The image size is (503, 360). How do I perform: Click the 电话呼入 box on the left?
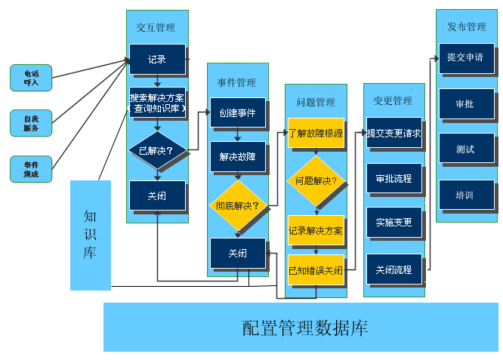31,78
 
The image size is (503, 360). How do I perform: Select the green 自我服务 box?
31,123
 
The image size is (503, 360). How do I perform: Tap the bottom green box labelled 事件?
31,169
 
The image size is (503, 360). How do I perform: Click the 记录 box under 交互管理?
157,60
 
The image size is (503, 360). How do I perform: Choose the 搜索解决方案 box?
157,103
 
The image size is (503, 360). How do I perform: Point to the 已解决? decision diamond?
157,150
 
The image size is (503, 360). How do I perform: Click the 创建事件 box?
238,113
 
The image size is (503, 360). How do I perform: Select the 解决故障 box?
238,156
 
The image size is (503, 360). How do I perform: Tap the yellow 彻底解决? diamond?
238,205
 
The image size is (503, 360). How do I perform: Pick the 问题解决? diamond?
316,182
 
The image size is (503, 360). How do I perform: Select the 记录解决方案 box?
316,229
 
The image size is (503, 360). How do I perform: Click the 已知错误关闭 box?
316,269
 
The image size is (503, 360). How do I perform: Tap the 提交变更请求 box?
393,133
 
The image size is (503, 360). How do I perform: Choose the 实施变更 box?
393,223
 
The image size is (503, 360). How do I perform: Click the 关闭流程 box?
393,269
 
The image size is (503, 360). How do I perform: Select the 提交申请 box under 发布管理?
466,58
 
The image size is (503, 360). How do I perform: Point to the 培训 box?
466,195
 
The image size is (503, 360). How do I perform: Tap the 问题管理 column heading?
316,102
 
